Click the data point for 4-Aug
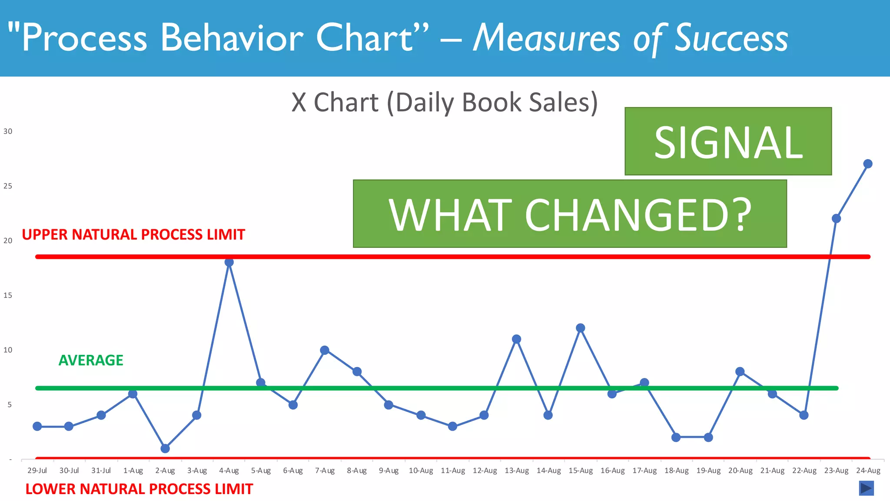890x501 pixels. click(x=229, y=262)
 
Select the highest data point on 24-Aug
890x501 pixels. click(x=868, y=164)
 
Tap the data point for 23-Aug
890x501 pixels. click(x=836, y=218)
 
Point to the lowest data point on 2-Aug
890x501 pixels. click(x=165, y=448)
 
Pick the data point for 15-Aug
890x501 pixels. click(x=581, y=328)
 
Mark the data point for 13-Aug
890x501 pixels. click(x=516, y=339)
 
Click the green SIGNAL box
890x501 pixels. click(x=728, y=141)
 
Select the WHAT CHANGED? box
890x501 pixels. click(x=570, y=214)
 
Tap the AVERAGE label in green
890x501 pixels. click(x=91, y=360)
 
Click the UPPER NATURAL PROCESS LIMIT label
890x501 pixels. click(x=133, y=235)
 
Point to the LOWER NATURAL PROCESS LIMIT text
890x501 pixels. click(x=139, y=489)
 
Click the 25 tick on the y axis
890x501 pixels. click(x=8, y=186)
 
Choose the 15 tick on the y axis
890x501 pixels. click(x=8, y=295)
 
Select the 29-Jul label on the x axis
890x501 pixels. click(x=37, y=471)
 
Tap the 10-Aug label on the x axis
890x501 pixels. click(x=421, y=471)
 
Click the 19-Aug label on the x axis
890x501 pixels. click(x=708, y=471)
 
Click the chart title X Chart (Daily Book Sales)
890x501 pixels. click(x=445, y=103)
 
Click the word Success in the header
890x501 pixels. click(x=731, y=38)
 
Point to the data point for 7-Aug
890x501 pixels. click(x=325, y=350)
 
